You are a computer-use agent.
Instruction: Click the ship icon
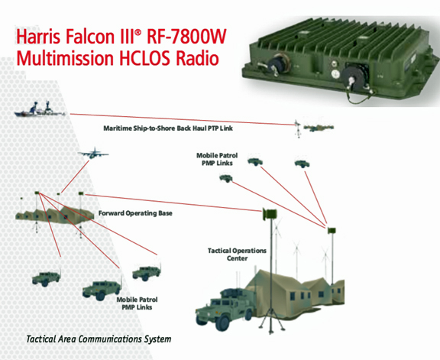pos(40,109)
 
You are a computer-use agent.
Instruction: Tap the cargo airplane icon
pos(93,154)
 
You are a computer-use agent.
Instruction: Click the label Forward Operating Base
pos(135,213)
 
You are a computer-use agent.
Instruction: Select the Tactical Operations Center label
pos(237,254)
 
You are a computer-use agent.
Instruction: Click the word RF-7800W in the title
pos(186,36)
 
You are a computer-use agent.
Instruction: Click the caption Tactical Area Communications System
pos(99,339)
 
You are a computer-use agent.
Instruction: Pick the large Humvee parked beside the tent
pos(225,309)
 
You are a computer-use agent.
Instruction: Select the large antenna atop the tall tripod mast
pos(270,214)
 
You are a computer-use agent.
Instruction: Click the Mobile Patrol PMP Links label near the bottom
pos(137,303)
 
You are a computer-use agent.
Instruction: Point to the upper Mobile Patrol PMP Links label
pos(217,159)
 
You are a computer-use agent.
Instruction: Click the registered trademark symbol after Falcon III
pos(137,32)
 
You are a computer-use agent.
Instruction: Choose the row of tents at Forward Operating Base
pos(54,215)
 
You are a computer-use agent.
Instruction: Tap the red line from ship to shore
pos(183,119)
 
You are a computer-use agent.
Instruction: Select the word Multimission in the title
pos(65,58)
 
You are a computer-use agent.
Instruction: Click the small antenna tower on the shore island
pos(298,128)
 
